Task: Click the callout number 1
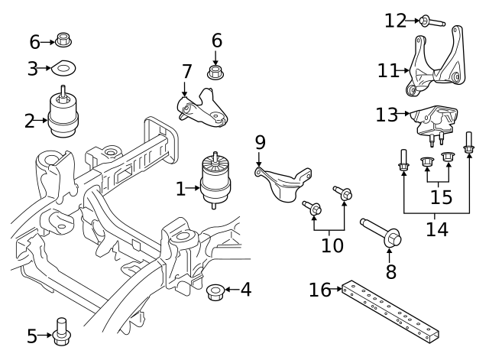pos(180,188)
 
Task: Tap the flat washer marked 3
pos(63,69)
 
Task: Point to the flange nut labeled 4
pos(215,291)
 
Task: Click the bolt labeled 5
pos(63,331)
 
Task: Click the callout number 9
pos(260,141)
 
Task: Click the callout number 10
pos(332,245)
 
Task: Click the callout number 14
pos(436,227)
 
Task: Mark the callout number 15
pos(440,197)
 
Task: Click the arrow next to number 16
pos(337,290)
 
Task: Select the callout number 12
pos(396,21)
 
